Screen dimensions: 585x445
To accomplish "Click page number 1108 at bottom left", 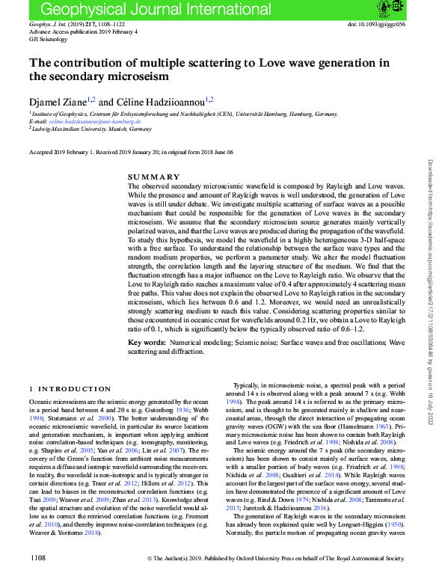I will point(38,578).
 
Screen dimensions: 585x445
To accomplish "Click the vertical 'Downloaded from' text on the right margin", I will point(430,224).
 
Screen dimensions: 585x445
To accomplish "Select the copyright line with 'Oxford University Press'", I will point(277,578).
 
